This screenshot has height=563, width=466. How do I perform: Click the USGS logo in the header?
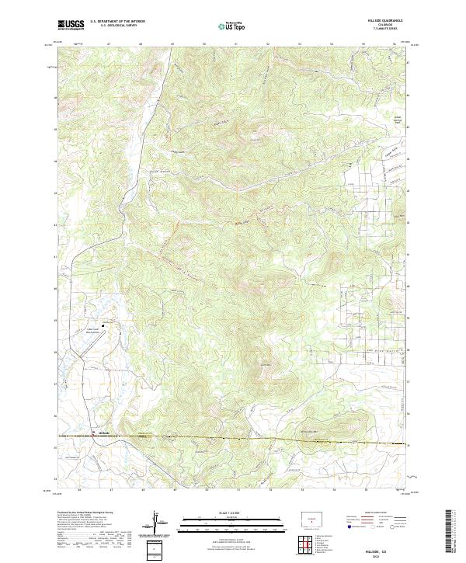(x=71, y=24)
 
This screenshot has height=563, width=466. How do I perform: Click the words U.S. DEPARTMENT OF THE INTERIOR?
(x=123, y=22)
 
